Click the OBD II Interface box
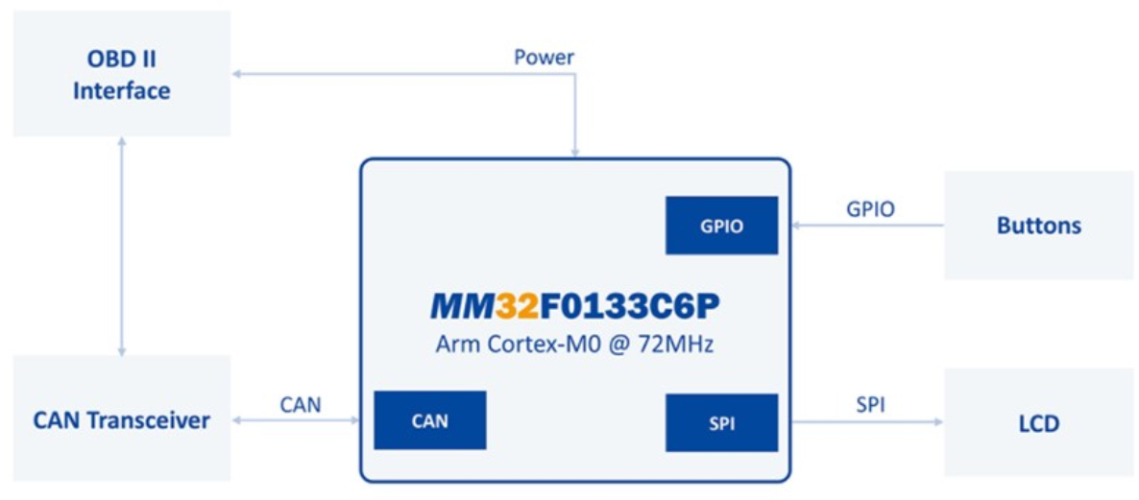click(x=121, y=74)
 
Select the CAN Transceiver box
click(x=121, y=418)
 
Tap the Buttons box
click(x=1038, y=226)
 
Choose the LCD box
click(x=1038, y=422)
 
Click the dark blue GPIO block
click(x=721, y=226)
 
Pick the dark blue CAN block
click(x=429, y=420)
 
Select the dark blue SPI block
click(x=721, y=422)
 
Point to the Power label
click(x=544, y=57)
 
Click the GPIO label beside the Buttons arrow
click(x=870, y=208)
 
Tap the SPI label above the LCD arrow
click(x=870, y=404)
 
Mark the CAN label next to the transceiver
click(x=301, y=404)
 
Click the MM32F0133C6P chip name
click(x=574, y=306)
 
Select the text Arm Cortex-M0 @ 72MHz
click(x=574, y=344)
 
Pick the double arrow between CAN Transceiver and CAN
click(x=295, y=419)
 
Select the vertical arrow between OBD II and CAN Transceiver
click(x=121, y=246)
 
